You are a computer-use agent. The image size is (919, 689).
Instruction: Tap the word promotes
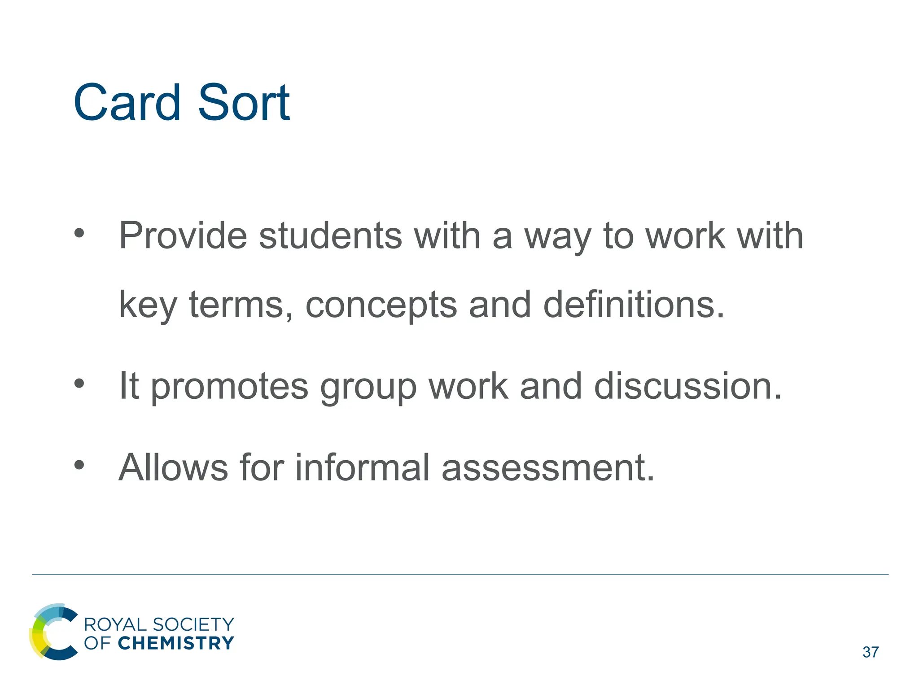pos(229,387)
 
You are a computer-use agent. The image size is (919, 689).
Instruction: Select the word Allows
pos(173,467)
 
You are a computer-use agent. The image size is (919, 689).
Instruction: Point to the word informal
pos(362,467)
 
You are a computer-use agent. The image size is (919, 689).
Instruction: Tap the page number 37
pos(871,652)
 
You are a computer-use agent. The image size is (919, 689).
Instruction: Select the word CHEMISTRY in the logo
pos(176,643)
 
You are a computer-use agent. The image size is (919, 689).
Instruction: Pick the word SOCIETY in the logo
pos(193,624)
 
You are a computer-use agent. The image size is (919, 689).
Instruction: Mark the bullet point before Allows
pos(79,465)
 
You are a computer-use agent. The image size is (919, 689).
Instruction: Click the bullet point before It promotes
pos(79,384)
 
